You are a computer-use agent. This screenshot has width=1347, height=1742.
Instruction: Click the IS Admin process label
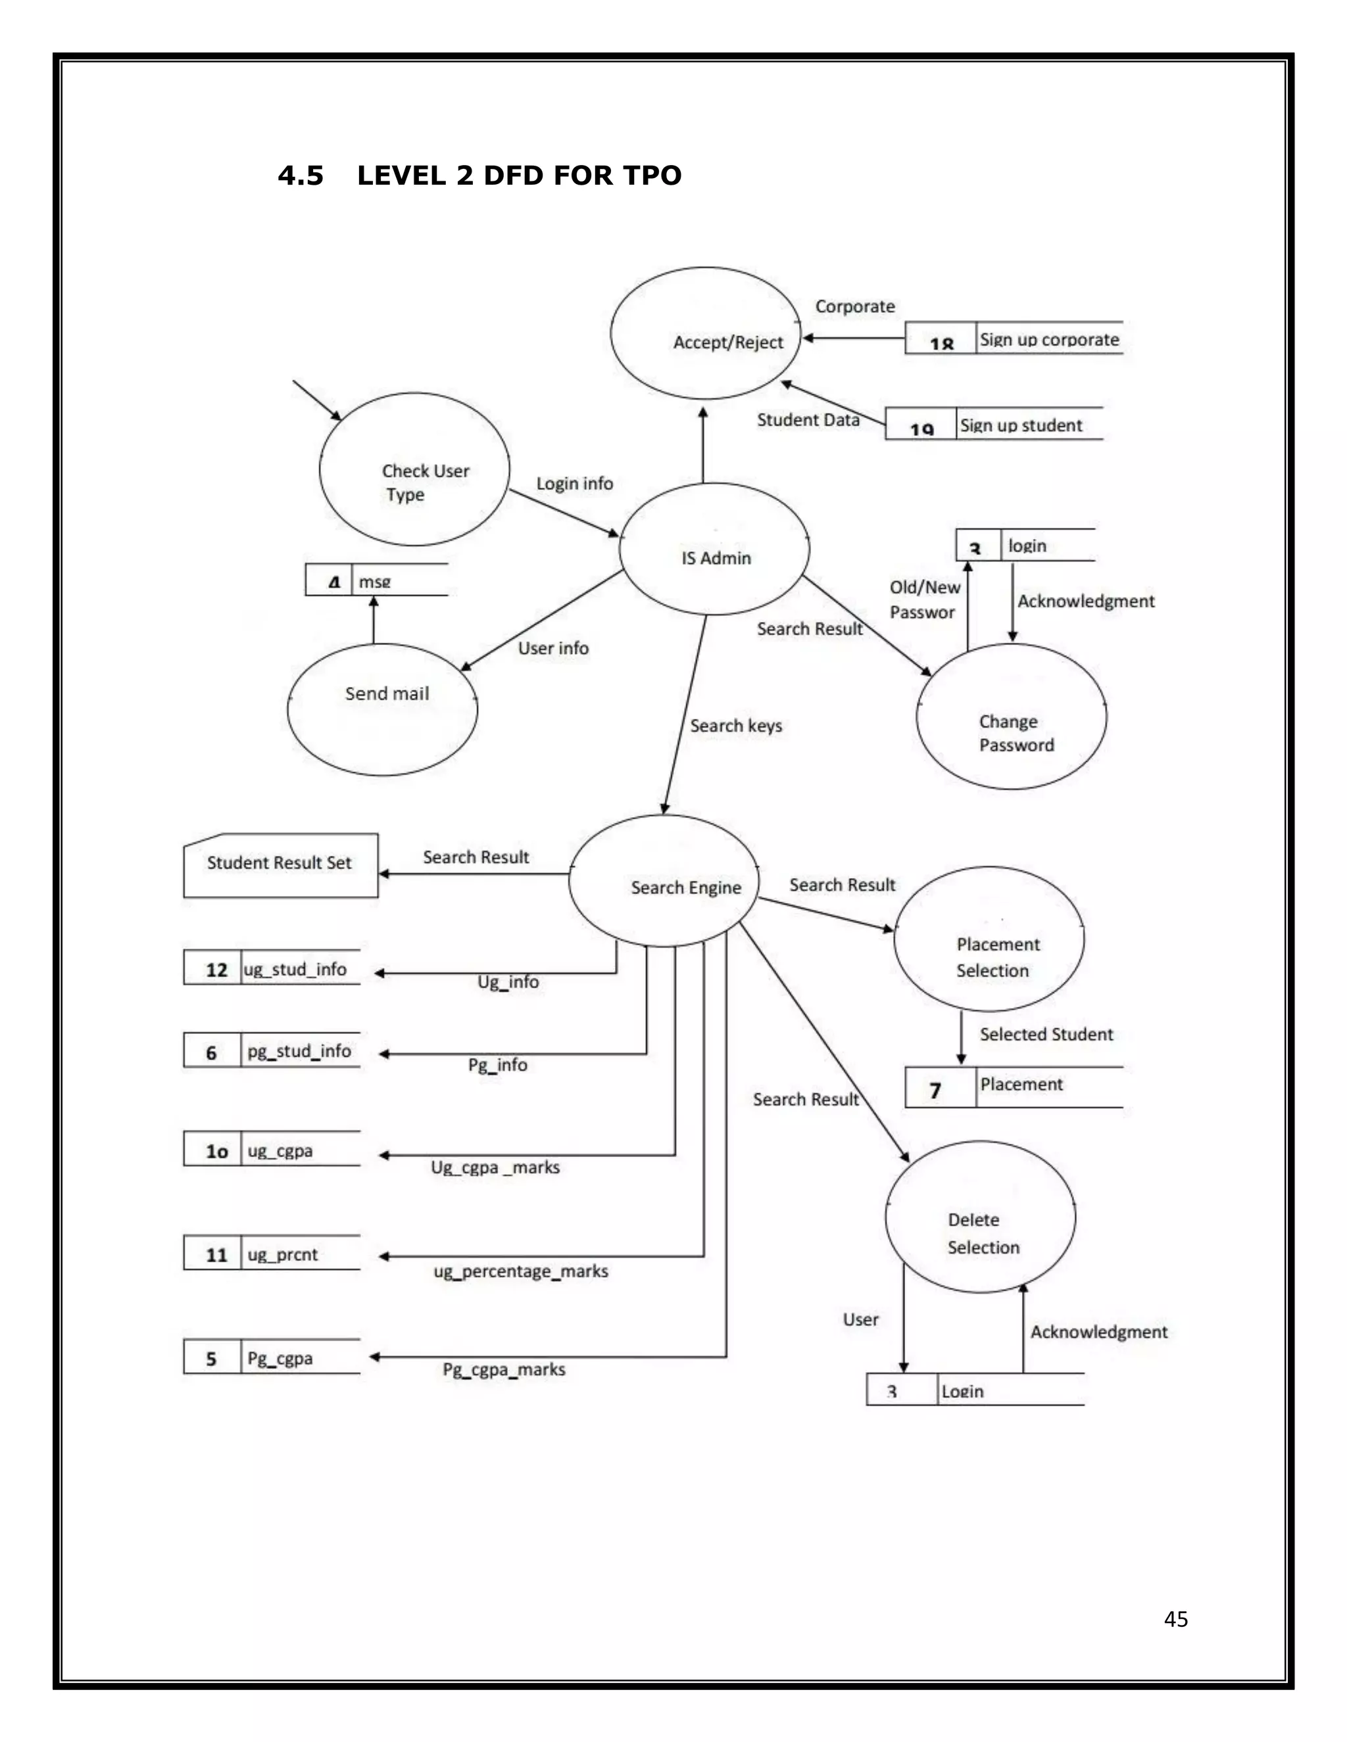pyautogui.click(x=716, y=558)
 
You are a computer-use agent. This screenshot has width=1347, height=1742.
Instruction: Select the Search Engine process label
pyautogui.click(x=685, y=887)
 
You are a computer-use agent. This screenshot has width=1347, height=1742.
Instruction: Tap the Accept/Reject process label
pyautogui.click(x=728, y=342)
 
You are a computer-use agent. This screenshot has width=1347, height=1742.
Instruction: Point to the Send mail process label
pyautogui.click(x=387, y=694)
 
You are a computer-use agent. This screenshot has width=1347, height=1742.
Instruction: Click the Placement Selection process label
pyautogui.click(x=996, y=957)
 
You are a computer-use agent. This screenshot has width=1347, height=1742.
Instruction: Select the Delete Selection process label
pyautogui.click(x=983, y=1233)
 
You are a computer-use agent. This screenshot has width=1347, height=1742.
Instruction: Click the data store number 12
pyautogui.click(x=216, y=970)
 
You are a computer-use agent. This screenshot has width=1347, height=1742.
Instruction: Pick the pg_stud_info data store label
pyautogui.click(x=299, y=1051)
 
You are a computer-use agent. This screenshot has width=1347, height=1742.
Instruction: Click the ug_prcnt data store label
pyautogui.click(x=282, y=1255)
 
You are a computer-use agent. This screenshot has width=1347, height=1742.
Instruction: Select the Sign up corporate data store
pyautogui.click(x=1048, y=340)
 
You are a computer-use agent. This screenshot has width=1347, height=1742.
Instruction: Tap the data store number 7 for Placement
pyautogui.click(x=935, y=1091)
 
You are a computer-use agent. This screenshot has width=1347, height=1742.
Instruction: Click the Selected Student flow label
pyautogui.click(x=1045, y=1035)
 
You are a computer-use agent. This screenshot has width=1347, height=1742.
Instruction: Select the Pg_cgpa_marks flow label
pyautogui.click(x=504, y=1369)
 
